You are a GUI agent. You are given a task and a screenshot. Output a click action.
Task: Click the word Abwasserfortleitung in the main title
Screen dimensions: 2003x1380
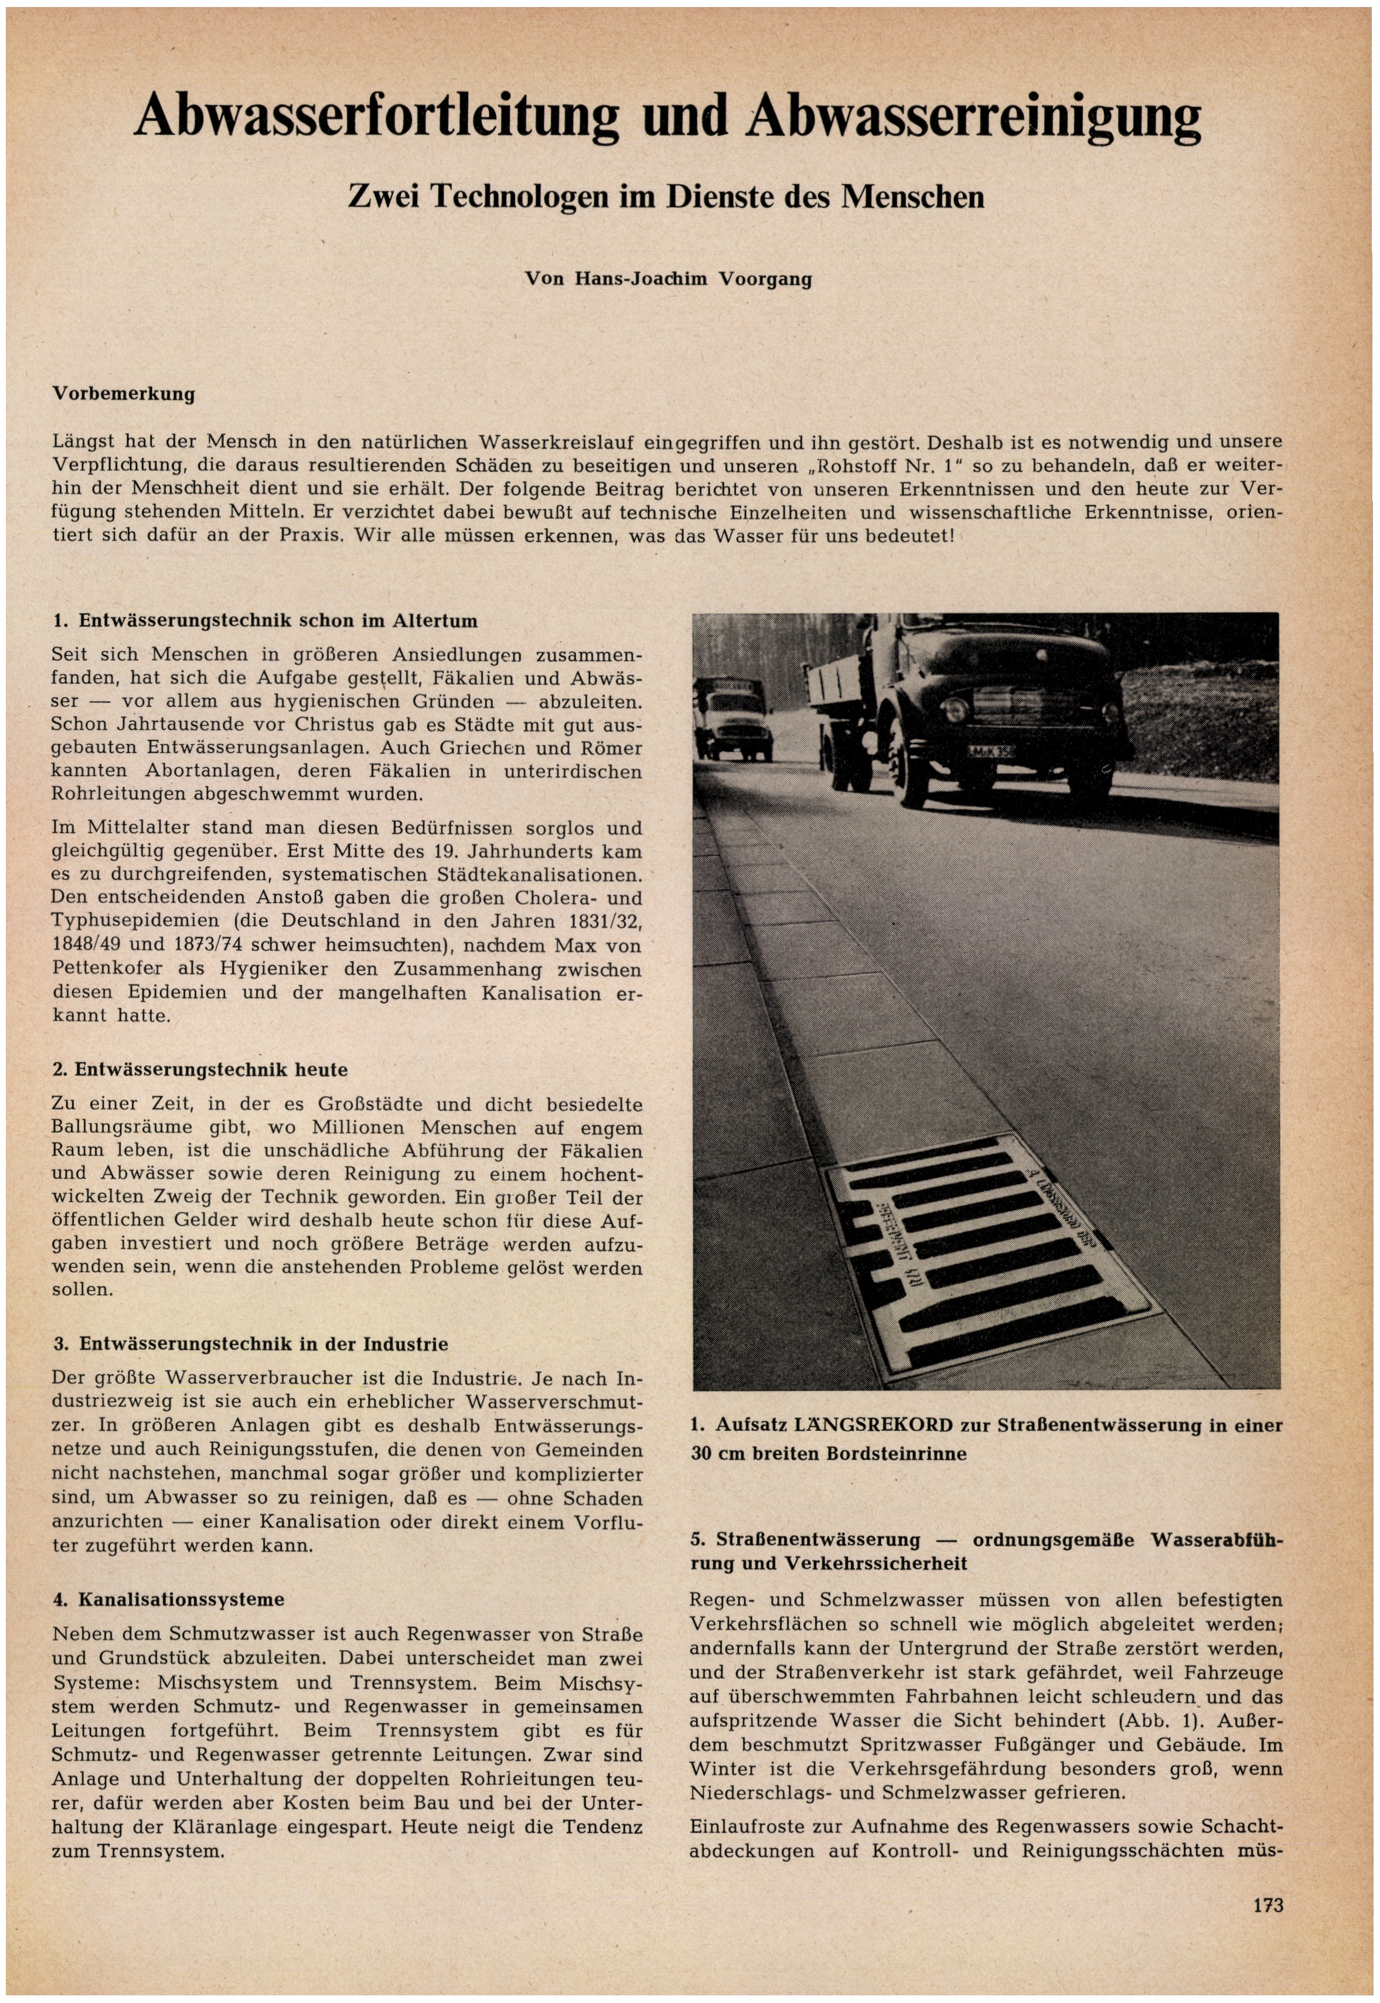point(376,117)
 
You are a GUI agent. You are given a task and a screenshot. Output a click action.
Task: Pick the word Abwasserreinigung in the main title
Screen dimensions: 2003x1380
point(974,117)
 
